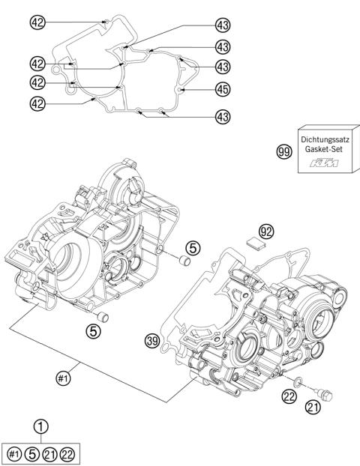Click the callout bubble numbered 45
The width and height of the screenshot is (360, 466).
coord(222,89)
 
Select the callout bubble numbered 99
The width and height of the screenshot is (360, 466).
coord(283,153)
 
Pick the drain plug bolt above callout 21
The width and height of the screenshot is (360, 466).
coord(328,390)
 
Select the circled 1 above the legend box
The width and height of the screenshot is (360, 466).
coord(42,426)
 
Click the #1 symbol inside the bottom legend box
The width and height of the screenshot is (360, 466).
coord(15,453)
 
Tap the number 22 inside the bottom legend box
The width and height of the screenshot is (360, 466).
coord(69,453)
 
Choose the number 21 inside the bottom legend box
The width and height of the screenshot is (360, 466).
coord(51,453)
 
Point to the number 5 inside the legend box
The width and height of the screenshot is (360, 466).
coord(33,453)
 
